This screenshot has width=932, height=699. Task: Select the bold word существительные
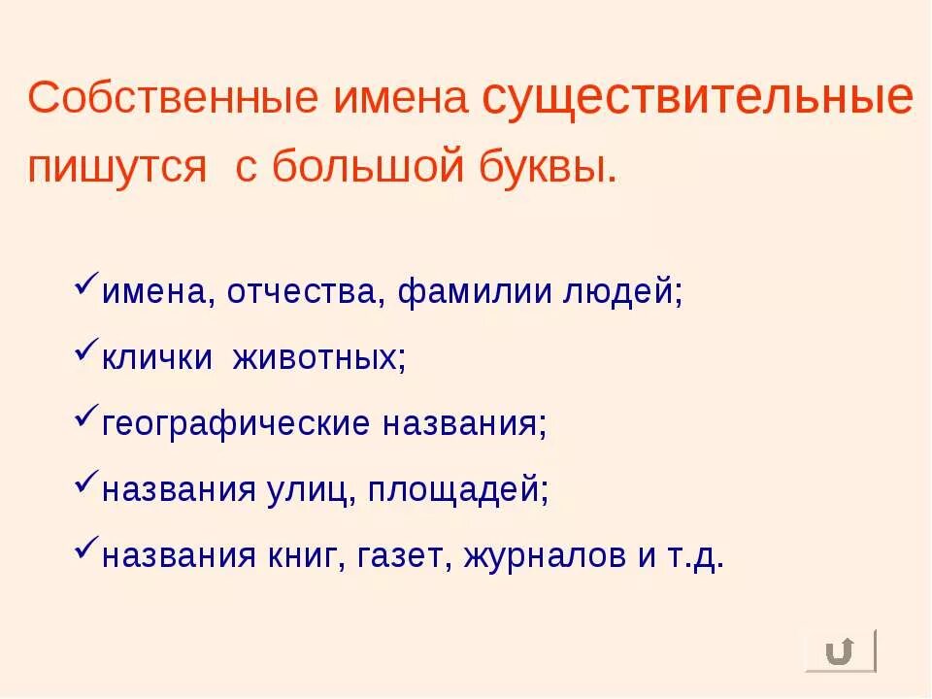point(697,98)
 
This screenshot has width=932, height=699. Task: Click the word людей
point(623,292)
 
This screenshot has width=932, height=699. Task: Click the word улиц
point(310,489)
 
